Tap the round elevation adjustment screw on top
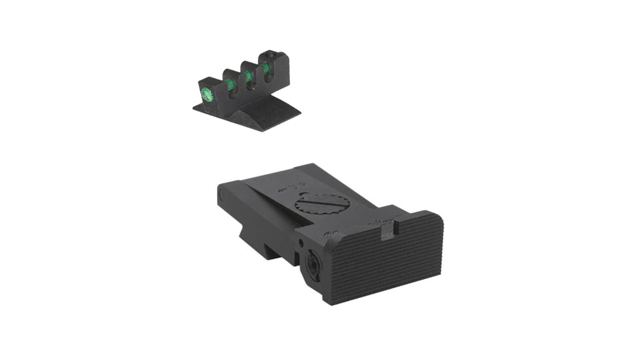tap(322, 204)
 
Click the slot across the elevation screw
tap(322, 204)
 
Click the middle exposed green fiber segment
tap(249, 76)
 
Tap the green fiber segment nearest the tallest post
tap(266, 67)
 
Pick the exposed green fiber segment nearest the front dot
tap(231, 83)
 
